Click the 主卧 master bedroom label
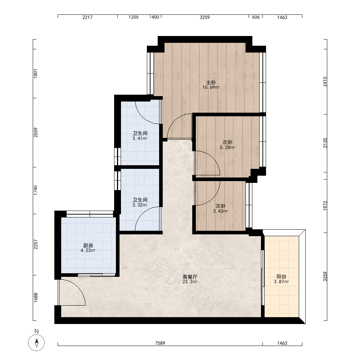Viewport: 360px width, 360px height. pyautogui.click(x=211, y=82)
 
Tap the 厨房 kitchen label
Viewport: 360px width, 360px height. pyautogui.click(x=88, y=246)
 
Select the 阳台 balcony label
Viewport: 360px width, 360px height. pyautogui.click(x=281, y=276)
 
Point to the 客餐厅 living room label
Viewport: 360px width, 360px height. pyautogui.click(x=190, y=276)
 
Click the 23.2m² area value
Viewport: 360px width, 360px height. pyautogui.click(x=190, y=282)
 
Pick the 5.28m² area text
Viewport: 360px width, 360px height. pyautogui.click(x=227, y=147)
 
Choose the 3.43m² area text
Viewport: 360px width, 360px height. pyautogui.click(x=220, y=211)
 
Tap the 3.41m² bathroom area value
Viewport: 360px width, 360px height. pyautogui.click(x=140, y=139)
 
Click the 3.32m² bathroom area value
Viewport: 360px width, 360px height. pyautogui.click(x=140, y=205)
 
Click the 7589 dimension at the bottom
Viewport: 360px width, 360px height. pyautogui.click(x=160, y=343)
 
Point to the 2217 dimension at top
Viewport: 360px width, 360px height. pyautogui.click(x=87, y=17)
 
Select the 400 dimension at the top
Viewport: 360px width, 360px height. pyautogui.click(x=156, y=17)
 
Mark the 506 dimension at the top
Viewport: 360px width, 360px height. pyautogui.click(x=256, y=17)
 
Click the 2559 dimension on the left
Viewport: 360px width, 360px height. pyautogui.click(x=36, y=133)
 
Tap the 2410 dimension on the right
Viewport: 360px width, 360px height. pyautogui.click(x=325, y=82)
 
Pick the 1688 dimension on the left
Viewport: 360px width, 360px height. pyautogui.click(x=36, y=298)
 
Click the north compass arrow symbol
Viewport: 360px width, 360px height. pyautogui.click(x=36, y=343)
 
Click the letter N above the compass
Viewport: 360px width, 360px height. pyautogui.click(x=36, y=331)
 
